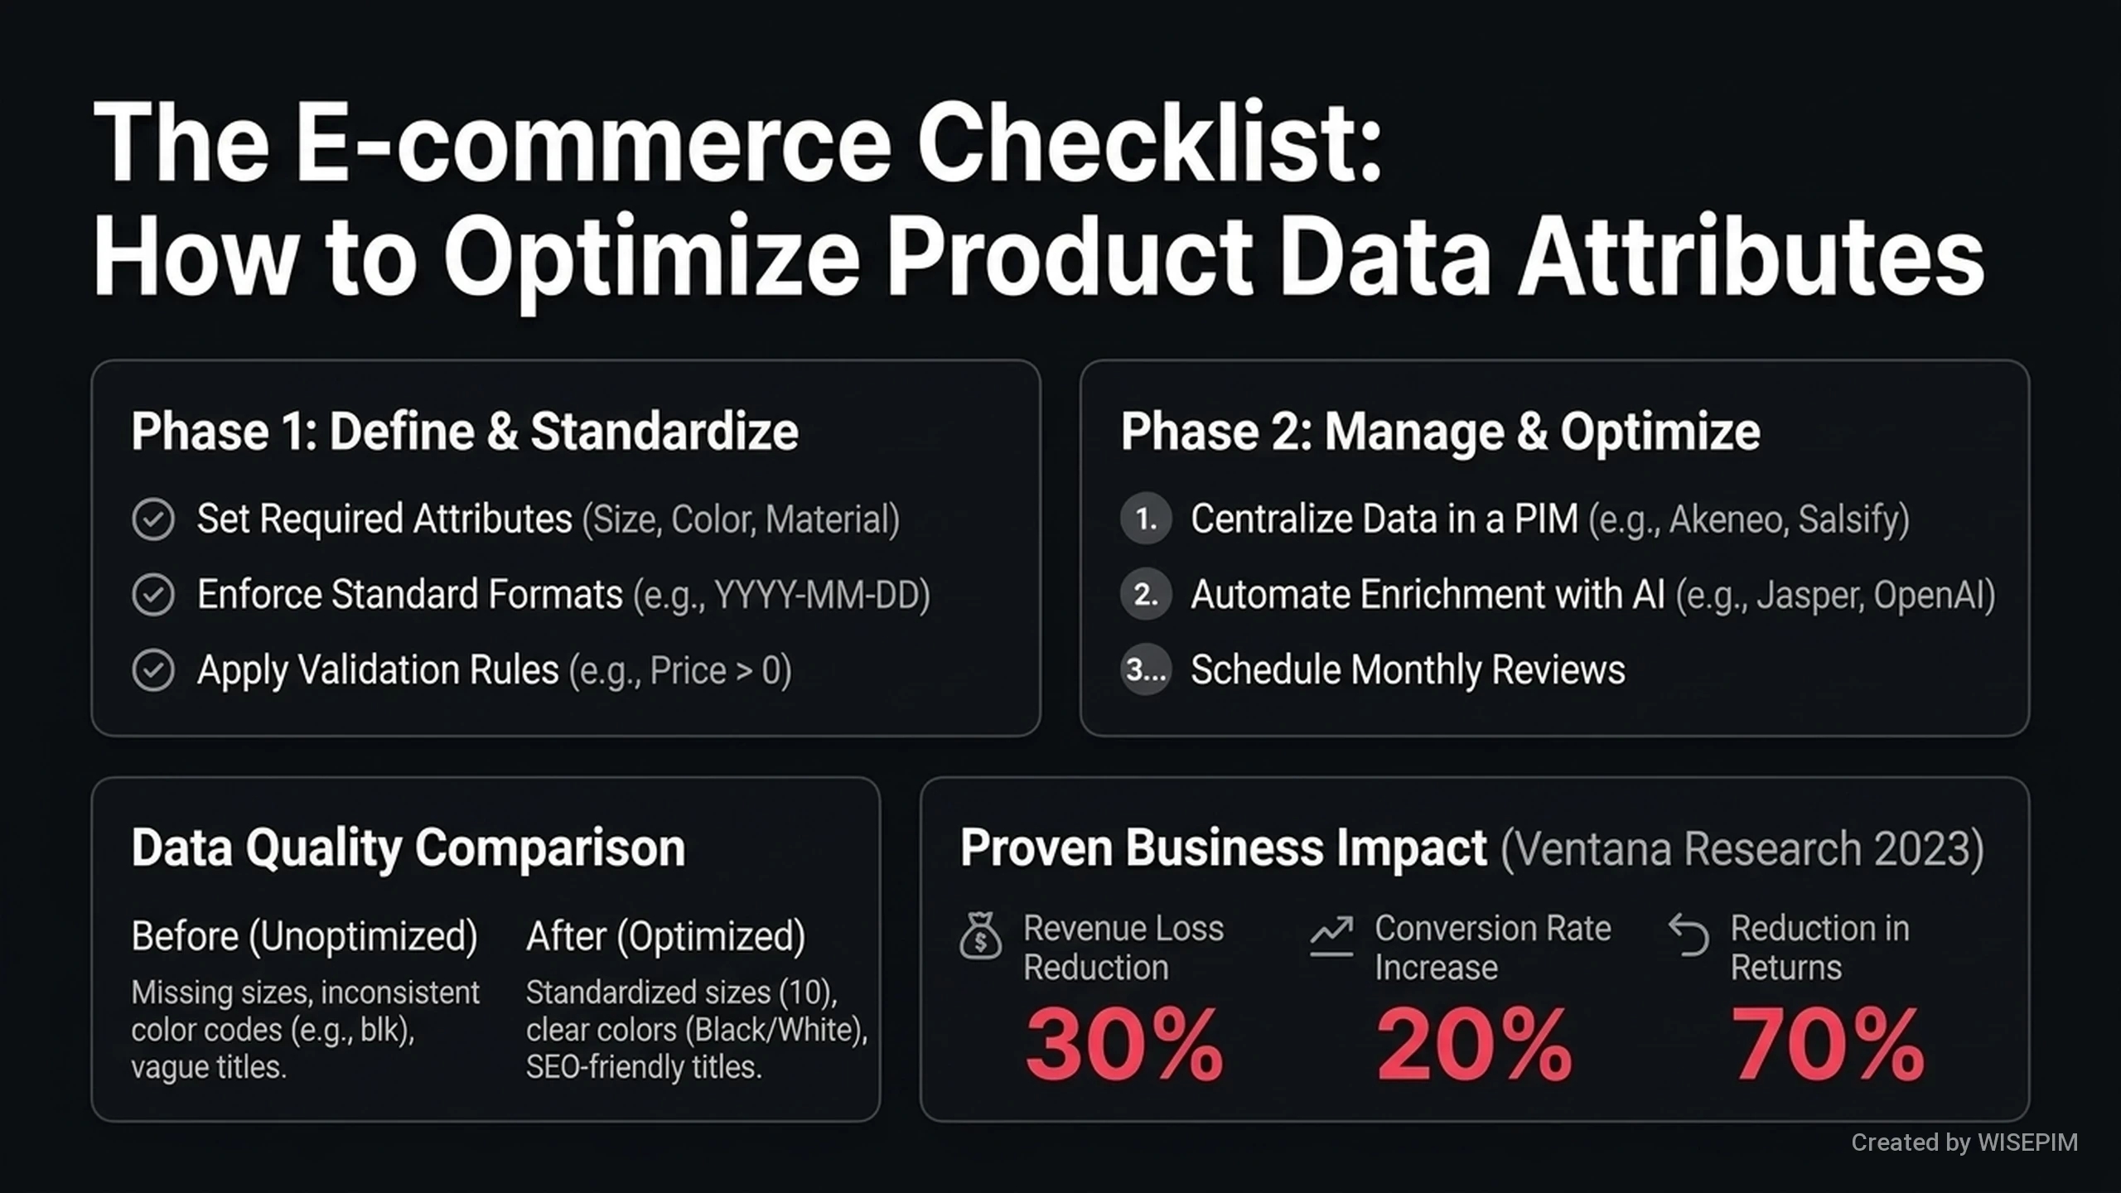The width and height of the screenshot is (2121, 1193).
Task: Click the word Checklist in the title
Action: click(x=1149, y=142)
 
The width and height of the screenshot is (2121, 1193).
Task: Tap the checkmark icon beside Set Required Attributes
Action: click(x=153, y=519)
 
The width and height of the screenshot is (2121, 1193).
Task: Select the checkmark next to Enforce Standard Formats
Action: click(x=153, y=595)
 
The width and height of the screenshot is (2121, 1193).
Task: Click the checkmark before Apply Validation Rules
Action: click(x=153, y=670)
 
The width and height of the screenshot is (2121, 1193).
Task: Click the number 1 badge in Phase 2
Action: click(x=1146, y=519)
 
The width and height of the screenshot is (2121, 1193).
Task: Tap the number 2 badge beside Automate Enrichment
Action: click(x=1146, y=595)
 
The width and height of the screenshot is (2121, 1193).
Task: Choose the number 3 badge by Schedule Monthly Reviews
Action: click(x=1146, y=669)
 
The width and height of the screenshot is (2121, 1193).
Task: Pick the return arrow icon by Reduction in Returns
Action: click(x=1689, y=935)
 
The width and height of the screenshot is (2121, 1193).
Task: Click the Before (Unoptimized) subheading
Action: click(x=305, y=937)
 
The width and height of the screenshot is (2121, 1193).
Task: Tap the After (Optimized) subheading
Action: click(x=666, y=937)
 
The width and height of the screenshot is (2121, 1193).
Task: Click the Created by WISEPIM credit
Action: click(x=1964, y=1142)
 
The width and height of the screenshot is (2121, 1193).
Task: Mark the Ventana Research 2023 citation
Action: click(x=1742, y=849)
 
